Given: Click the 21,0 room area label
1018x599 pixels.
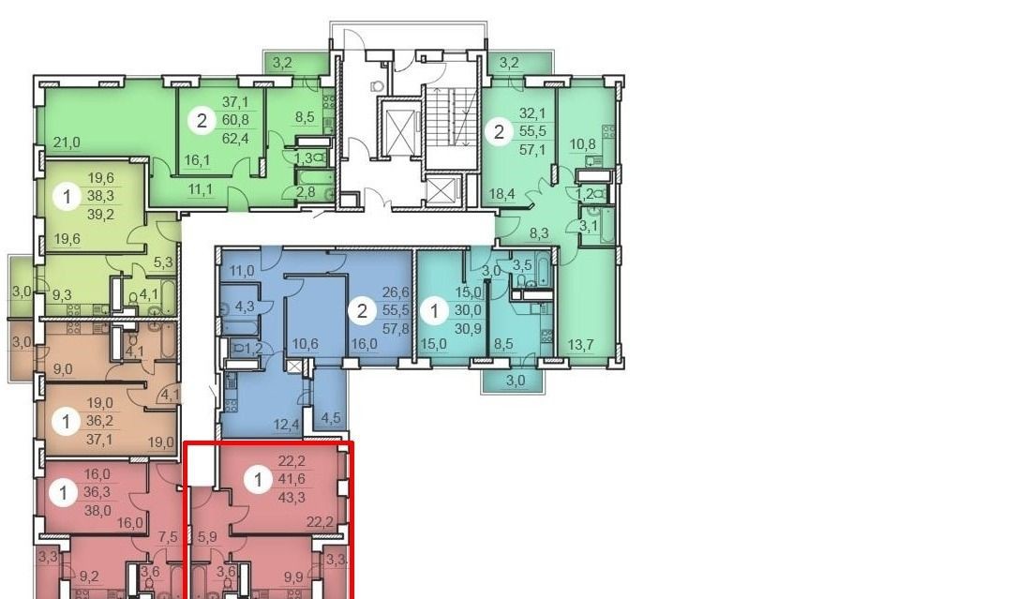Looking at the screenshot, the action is click(67, 142).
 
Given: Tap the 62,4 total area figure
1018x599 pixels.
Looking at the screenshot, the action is click(235, 138).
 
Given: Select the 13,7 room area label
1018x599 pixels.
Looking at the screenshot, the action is click(580, 345).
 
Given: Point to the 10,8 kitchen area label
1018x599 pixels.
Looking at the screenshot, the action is click(582, 143).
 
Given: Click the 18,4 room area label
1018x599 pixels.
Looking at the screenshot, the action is click(502, 193).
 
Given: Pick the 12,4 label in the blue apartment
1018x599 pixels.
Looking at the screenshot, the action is click(286, 425).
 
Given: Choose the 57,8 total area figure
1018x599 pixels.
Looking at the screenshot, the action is click(396, 328).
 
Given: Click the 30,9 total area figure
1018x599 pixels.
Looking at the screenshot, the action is click(468, 329).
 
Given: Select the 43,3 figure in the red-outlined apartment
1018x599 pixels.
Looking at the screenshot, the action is click(292, 499).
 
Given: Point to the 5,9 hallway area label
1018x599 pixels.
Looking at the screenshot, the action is click(206, 537).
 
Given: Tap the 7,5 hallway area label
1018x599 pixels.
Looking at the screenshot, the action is click(168, 537).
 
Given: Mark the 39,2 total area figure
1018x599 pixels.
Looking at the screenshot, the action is click(100, 214).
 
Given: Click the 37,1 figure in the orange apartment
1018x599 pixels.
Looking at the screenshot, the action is click(99, 440).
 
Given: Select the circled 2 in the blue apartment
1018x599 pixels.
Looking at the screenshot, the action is click(362, 311).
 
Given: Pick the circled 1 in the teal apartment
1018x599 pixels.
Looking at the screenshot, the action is click(434, 311).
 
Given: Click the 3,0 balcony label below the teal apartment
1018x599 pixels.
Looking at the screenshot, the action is click(515, 381).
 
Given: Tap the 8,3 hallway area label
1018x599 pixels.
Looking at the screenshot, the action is click(539, 233).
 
